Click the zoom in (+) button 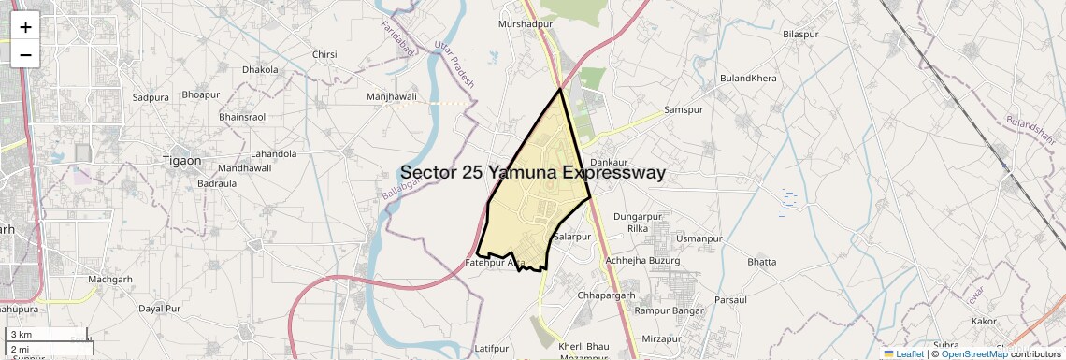point(25,26)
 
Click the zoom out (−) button point(25,54)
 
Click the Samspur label point(683,109)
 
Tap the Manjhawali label point(392,96)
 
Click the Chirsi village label point(324,55)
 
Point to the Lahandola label point(274,153)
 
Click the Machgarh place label point(110,279)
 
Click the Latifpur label point(491,348)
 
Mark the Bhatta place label point(762,262)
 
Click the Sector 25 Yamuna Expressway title point(533,173)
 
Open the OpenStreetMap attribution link point(974,353)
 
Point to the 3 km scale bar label point(22,334)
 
